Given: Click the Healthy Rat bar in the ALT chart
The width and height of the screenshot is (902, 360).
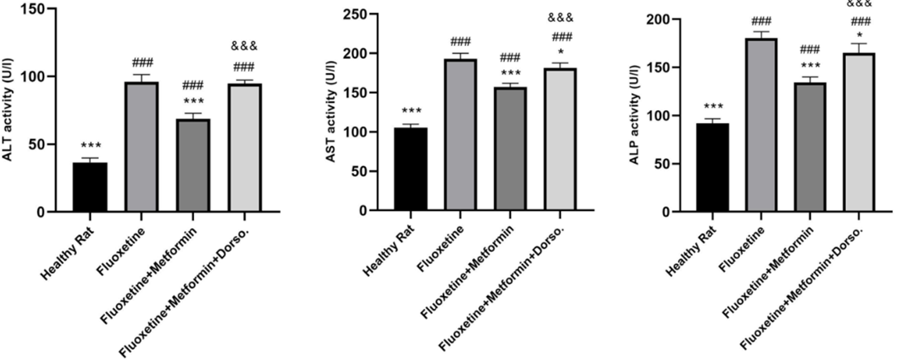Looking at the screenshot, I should pos(90,187).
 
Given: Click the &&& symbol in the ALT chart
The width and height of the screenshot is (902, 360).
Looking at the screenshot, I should pos(245,46).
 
